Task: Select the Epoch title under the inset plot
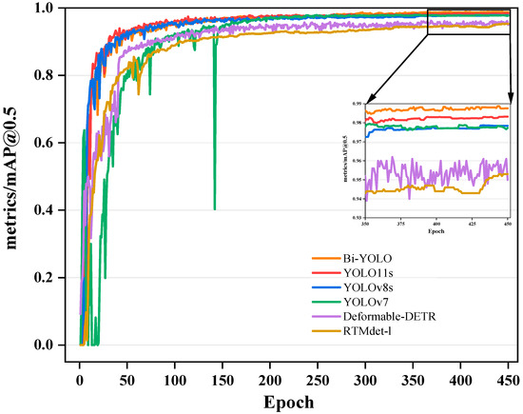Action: pyautogui.click(x=437, y=231)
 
